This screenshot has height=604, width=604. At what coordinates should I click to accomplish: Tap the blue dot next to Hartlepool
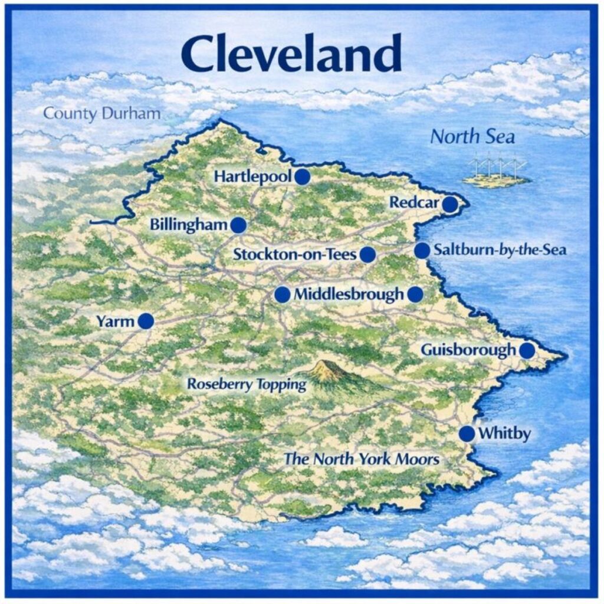coord(303,176)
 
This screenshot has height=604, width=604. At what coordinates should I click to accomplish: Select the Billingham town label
coord(189,225)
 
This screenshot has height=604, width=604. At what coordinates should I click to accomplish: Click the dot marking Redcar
coord(450,204)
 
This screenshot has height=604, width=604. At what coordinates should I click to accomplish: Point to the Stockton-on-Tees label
coord(295,255)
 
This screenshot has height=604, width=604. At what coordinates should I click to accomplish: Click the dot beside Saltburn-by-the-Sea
coord(422,250)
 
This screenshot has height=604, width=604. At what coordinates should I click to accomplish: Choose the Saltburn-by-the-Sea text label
coord(500,250)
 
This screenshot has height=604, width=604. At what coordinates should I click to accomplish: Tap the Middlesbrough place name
coord(349,294)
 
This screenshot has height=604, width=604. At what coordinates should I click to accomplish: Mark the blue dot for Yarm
coord(146,321)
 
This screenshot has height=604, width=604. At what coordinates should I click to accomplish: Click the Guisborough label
coord(468,350)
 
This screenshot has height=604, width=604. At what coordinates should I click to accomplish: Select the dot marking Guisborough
coord(527,350)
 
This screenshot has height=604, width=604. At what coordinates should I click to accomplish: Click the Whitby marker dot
coord(467,434)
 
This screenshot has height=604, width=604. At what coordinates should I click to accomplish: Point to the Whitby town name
coord(504,434)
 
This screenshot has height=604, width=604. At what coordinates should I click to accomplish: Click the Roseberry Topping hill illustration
coord(329,372)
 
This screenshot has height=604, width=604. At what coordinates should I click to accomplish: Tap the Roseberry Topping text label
coord(247,385)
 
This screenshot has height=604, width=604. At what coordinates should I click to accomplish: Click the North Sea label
coord(472,137)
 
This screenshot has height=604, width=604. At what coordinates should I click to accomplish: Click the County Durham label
coord(102,113)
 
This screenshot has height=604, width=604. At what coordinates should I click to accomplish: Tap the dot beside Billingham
coord(238,225)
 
